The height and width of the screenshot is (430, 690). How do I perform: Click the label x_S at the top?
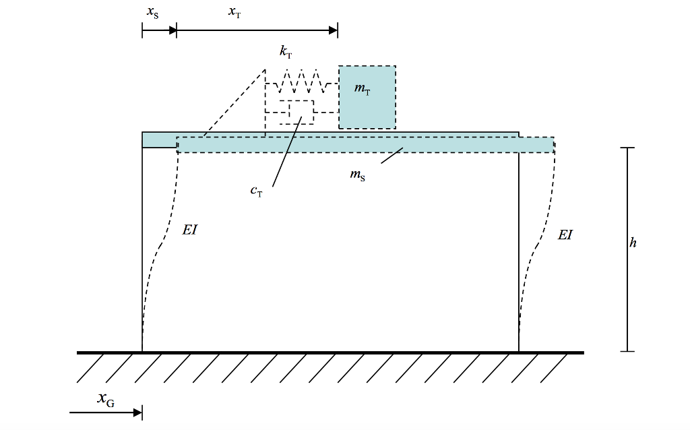[153, 13]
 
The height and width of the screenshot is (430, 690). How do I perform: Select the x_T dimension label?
[234, 12]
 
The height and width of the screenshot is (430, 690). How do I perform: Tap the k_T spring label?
[286, 52]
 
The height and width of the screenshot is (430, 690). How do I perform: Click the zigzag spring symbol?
[301, 81]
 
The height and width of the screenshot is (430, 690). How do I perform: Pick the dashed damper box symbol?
[301, 112]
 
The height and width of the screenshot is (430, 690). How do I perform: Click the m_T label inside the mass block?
[362, 90]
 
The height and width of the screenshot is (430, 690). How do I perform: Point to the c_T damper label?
[256, 191]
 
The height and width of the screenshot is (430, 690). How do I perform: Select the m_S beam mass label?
[357, 175]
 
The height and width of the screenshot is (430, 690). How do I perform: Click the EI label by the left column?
[189, 230]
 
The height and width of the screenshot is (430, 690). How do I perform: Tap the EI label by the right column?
[565, 235]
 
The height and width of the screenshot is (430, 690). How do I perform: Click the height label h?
[633, 243]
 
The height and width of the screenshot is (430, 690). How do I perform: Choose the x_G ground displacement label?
[106, 400]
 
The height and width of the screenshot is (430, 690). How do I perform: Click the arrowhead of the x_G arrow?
[137, 413]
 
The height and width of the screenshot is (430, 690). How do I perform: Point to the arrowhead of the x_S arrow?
[172, 30]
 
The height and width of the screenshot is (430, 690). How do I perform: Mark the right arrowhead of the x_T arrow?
[333, 30]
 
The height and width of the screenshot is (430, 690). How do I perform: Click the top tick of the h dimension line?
[627, 148]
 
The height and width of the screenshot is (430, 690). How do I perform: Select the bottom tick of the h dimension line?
[627, 351]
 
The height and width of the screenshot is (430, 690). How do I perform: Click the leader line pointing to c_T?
[287, 152]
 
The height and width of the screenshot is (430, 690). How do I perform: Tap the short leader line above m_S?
[392, 156]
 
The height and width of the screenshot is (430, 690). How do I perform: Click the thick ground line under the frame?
[330, 352]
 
